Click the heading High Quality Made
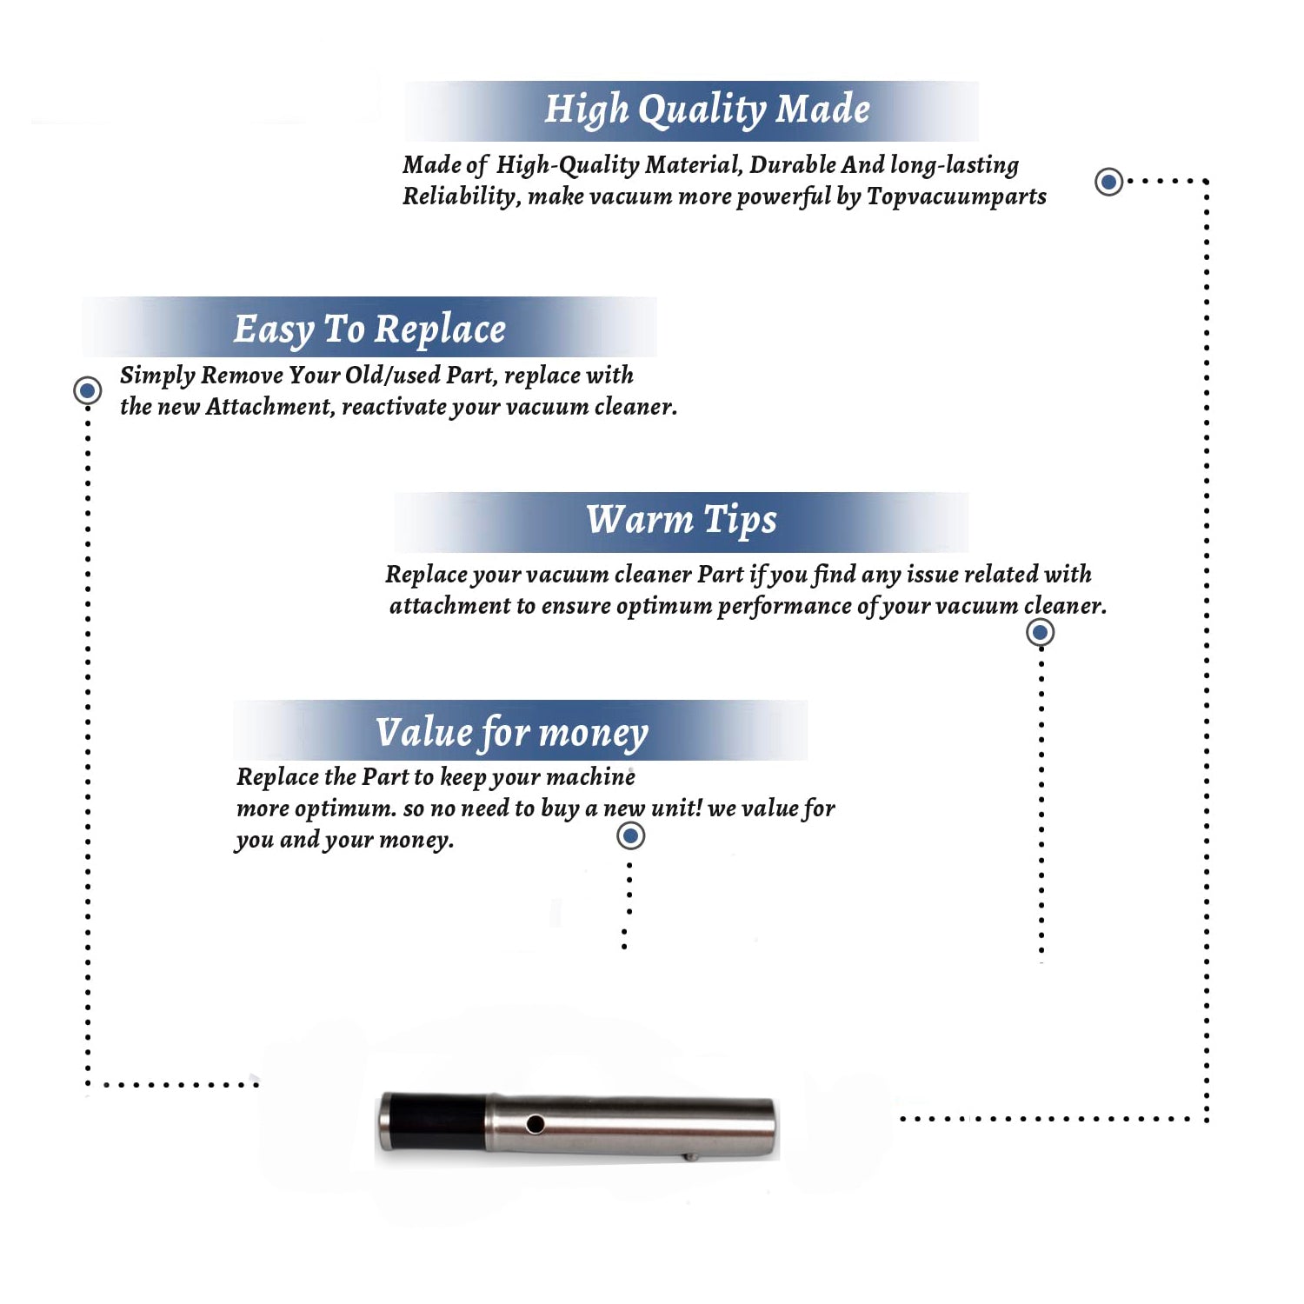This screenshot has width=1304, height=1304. pyautogui.click(x=707, y=110)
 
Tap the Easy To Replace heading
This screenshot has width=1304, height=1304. pyautogui.click(x=369, y=329)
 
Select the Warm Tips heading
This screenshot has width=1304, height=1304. pyautogui.click(x=682, y=520)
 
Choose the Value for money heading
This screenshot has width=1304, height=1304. pyautogui.click(x=512, y=733)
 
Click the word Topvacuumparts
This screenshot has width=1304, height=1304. pyautogui.click(x=956, y=197)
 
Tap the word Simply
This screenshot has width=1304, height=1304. pyautogui.click(x=156, y=376)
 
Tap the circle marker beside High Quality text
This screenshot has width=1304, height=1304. pyautogui.click(x=1108, y=182)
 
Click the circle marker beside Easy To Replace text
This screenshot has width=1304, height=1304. pyautogui.click(x=87, y=390)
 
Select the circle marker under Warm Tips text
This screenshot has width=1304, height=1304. pyautogui.click(x=1040, y=632)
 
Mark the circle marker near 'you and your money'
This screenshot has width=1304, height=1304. pyautogui.click(x=630, y=836)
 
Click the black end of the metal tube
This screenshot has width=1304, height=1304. pyautogui.click(x=432, y=1121)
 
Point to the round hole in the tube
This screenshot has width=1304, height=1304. pyautogui.click(x=536, y=1124)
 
